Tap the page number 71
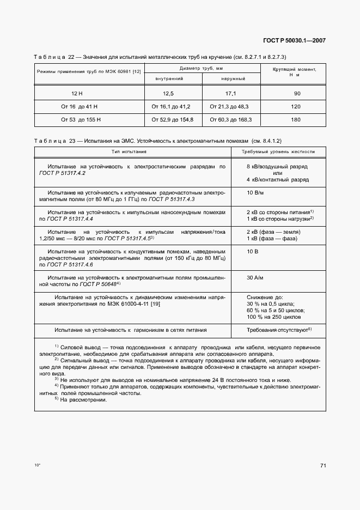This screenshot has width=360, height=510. click(323, 465)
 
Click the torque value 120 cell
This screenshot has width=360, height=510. click(296, 107)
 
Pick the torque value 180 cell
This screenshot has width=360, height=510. click(296, 119)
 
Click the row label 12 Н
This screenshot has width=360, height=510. click(77, 94)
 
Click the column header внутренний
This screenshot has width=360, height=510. click(169, 79)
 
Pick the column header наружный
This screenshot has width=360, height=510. click(233, 79)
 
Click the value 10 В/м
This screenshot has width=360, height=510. click(255, 192)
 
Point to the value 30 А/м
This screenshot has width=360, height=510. click(255, 277)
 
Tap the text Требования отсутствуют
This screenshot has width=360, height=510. click(277, 330)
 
